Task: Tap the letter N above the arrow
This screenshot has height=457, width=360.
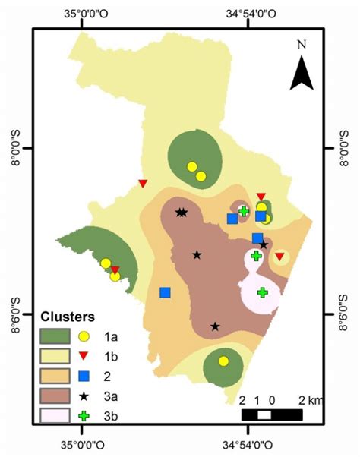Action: point(302,44)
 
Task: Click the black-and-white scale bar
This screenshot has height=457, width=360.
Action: point(271,414)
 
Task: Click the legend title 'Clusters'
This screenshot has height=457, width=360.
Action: point(67,316)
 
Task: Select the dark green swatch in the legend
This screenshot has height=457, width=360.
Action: point(56,335)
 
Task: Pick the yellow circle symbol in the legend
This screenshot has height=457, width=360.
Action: point(86,335)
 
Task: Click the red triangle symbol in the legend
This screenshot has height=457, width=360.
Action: point(86,355)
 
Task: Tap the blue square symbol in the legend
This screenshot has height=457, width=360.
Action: point(86,375)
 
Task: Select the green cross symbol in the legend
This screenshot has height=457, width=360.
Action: point(86,415)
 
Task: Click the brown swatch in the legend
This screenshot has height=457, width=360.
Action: point(56,396)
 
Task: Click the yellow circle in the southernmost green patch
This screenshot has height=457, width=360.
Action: point(223,361)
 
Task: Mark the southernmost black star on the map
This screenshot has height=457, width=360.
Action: point(215,326)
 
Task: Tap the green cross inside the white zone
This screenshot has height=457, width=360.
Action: point(262,292)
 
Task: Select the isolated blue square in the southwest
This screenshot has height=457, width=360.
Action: point(165,292)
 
